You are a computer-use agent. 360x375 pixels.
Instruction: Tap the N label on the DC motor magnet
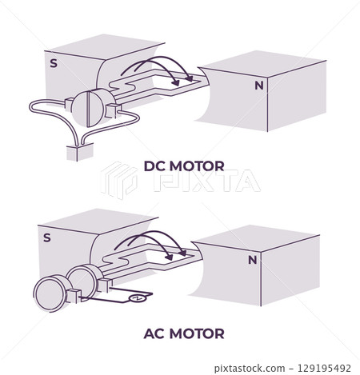click(x=258, y=84)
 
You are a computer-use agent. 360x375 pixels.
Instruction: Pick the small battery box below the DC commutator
click(x=79, y=151)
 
